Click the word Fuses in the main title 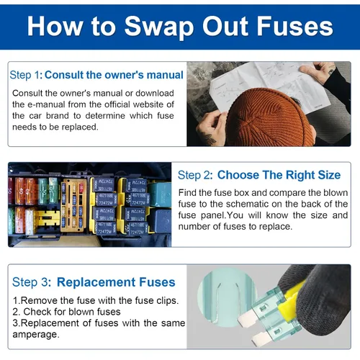[x=294, y=26]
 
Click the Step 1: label [x=26, y=75]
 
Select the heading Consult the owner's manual [x=114, y=75]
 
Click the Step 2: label [x=195, y=175]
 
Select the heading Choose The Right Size [x=279, y=175]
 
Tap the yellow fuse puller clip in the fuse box [x=48, y=218]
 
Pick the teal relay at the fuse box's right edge [x=160, y=194]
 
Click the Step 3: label [x=32, y=282]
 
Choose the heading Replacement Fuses [x=116, y=282]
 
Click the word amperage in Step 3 [x=36, y=334]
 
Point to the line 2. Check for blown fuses [x=66, y=312]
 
